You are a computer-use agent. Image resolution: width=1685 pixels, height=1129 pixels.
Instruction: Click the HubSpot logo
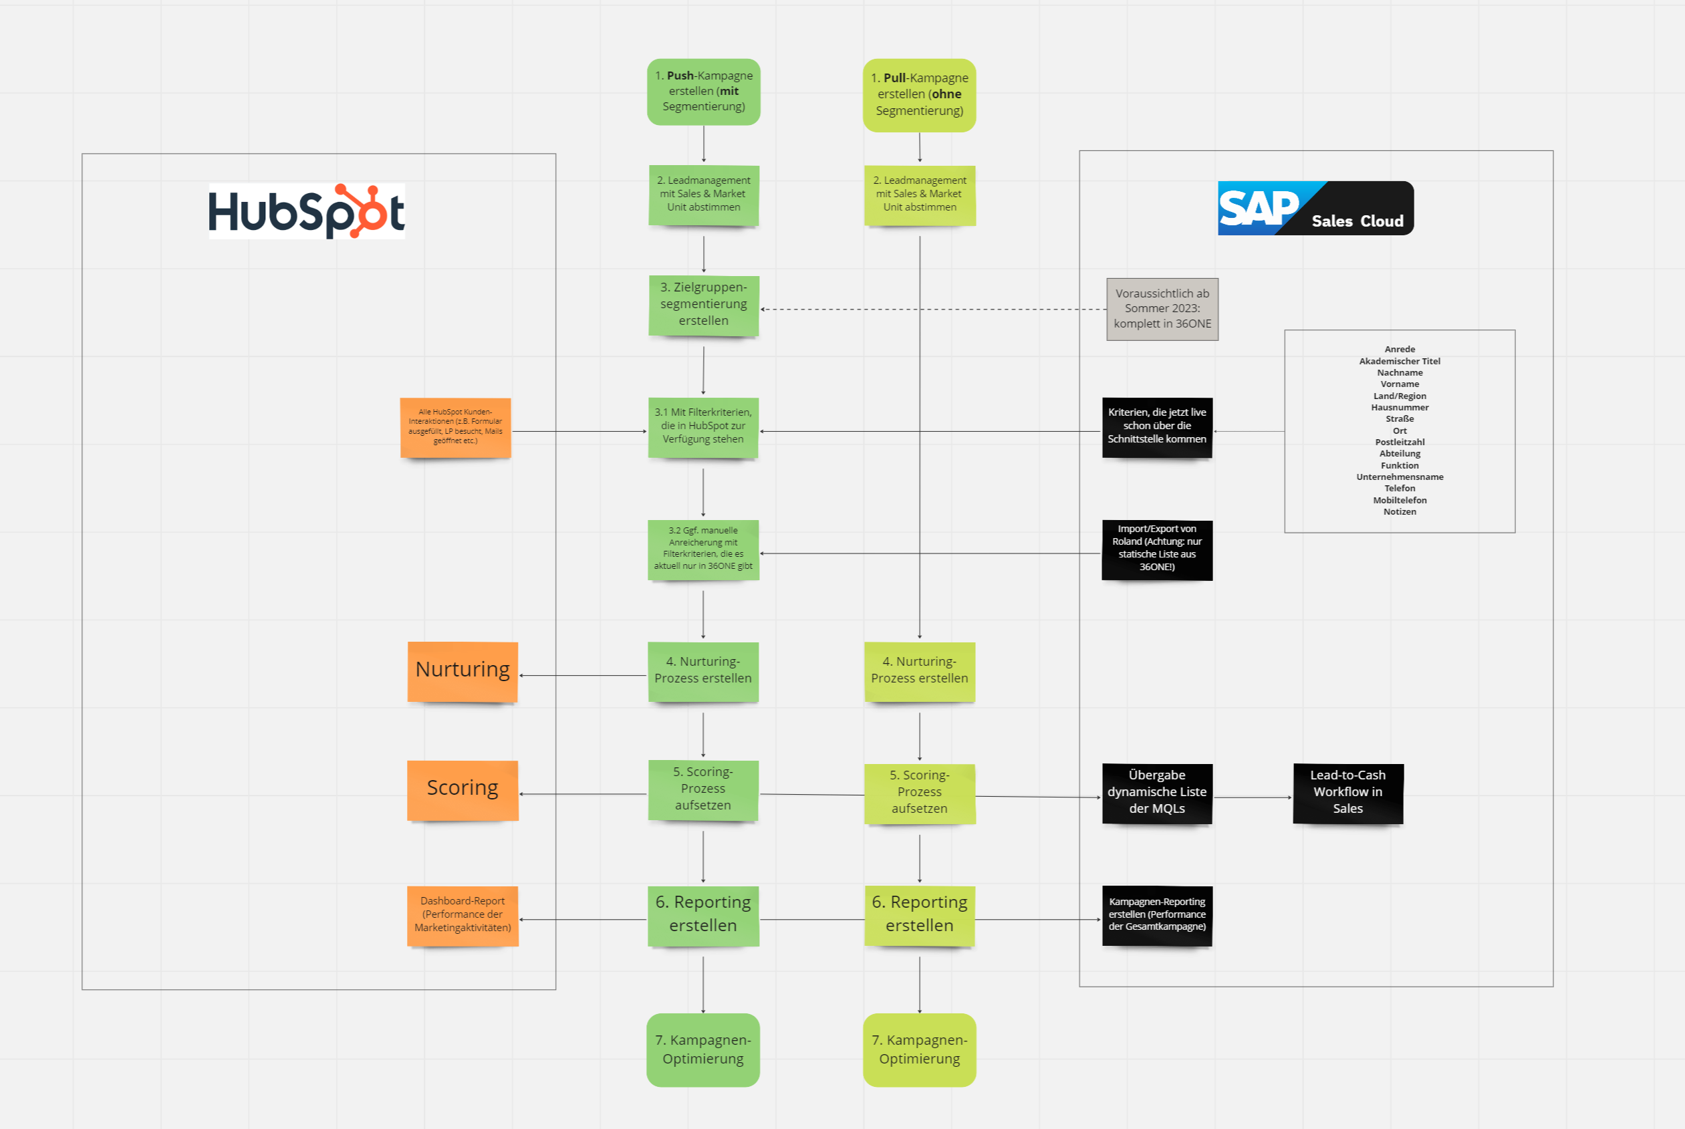click(307, 211)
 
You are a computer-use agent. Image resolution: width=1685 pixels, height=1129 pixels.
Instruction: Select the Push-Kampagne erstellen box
click(703, 92)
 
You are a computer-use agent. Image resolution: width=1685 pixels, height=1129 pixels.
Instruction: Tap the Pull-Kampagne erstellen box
click(919, 95)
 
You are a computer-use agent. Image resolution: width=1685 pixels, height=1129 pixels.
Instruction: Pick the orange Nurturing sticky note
click(462, 671)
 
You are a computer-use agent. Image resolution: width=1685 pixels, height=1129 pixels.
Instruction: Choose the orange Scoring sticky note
click(462, 790)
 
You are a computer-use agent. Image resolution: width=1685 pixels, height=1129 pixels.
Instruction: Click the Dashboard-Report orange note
click(462, 915)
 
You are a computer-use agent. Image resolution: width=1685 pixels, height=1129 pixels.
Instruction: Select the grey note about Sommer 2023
click(1162, 309)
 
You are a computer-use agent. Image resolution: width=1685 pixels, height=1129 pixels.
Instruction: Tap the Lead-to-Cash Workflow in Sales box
click(1347, 793)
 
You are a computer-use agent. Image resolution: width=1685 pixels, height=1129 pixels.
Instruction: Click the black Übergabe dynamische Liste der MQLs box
click(1157, 793)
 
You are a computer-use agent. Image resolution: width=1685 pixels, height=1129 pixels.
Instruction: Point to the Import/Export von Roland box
click(1157, 549)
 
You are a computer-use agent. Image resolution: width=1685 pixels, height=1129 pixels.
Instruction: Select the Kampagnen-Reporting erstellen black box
click(1157, 915)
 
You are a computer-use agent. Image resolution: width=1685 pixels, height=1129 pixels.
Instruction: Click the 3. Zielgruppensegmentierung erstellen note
click(703, 305)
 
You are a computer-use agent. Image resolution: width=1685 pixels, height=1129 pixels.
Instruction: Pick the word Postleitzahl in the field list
click(1399, 442)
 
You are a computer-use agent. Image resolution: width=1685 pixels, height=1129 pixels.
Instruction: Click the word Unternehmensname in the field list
click(1399, 477)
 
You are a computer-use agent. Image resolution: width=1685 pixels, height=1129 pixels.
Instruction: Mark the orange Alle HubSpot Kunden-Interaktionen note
click(455, 427)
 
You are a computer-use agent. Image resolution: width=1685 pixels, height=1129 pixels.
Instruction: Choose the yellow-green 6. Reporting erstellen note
click(919, 915)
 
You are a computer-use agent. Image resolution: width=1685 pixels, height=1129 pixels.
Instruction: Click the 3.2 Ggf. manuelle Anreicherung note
click(703, 549)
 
